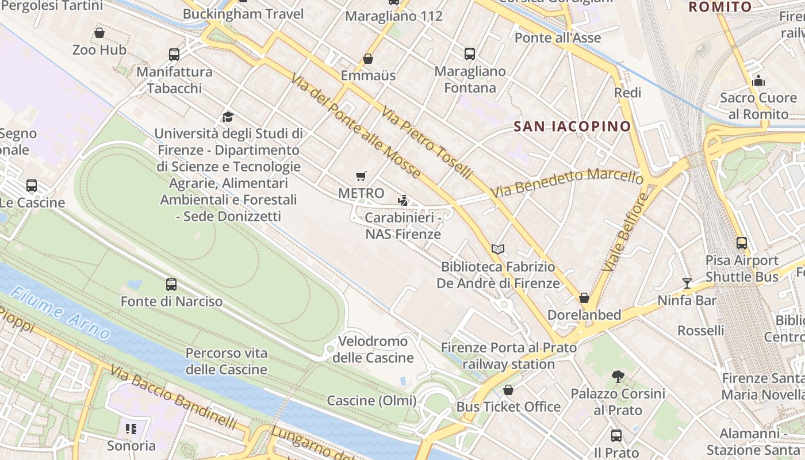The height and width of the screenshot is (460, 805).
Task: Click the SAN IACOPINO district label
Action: click(x=572, y=126)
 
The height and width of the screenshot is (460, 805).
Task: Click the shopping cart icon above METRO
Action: click(x=361, y=177)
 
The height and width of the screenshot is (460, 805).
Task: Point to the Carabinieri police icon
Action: click(x=403, y=201)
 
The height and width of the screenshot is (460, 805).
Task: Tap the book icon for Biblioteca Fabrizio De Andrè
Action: click(x=498, y=249)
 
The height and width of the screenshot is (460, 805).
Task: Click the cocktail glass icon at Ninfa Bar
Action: click(x=687, y=283)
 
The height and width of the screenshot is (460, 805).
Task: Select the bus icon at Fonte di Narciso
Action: click(x=171, y=284)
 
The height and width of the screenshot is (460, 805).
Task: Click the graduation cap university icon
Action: click(x=228, y=117)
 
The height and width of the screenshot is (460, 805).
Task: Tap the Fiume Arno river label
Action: click(x=60, y=313)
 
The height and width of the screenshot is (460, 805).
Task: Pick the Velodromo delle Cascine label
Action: click(x=373, y=350)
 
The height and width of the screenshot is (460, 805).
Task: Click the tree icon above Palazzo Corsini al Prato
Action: click(x=618, y=377)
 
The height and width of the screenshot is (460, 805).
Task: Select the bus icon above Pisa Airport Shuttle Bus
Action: click(x=742, y=243)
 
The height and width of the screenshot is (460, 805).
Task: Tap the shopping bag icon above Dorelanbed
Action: click(x=584, y=298)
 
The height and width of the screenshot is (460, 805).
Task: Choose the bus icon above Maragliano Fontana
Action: click(x=470, y=54)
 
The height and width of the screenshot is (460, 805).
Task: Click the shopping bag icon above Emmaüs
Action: click(x=368, y=59)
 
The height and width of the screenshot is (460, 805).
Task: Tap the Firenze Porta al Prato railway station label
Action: click(x=509, y=356)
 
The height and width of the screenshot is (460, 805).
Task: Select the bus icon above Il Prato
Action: click(x=616, y=436)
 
